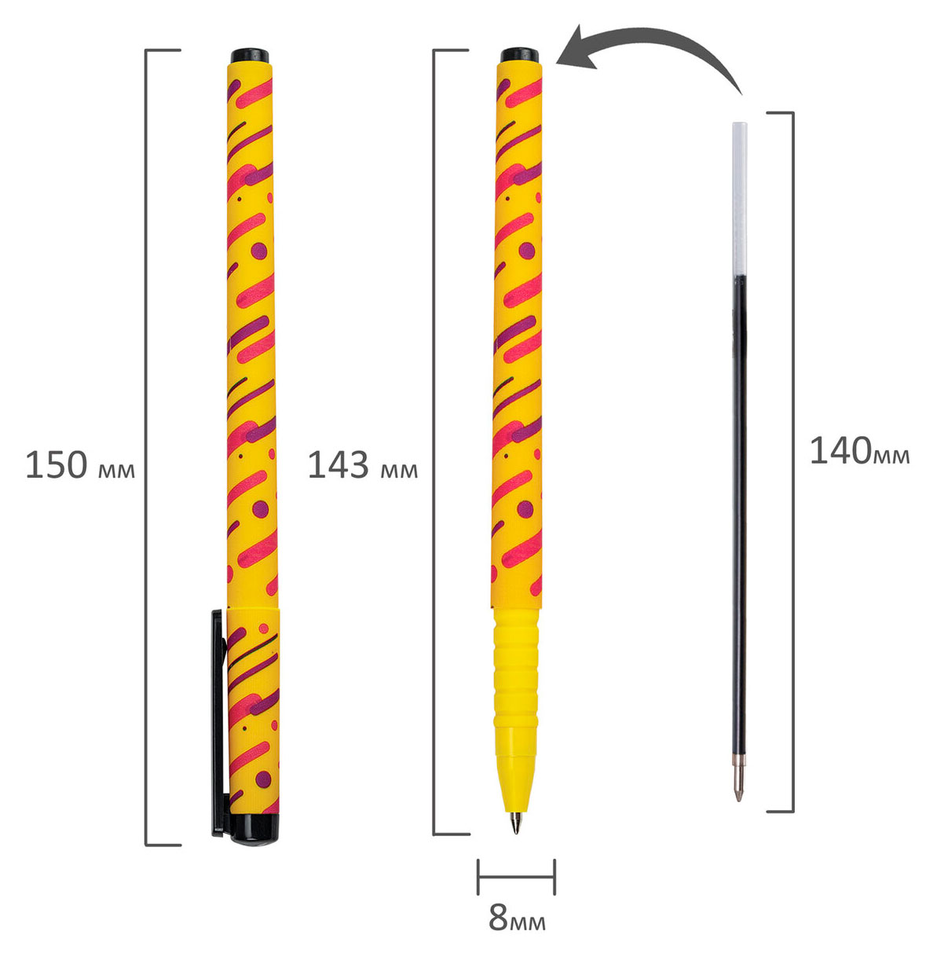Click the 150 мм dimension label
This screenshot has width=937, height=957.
pos(80,465)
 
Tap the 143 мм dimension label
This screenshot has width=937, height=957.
pos(363,465)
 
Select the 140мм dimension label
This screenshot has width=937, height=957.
pos(859,451)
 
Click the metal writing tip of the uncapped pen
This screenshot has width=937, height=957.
pos(516,824)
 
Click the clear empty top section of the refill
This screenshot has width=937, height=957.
pos(739,199)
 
